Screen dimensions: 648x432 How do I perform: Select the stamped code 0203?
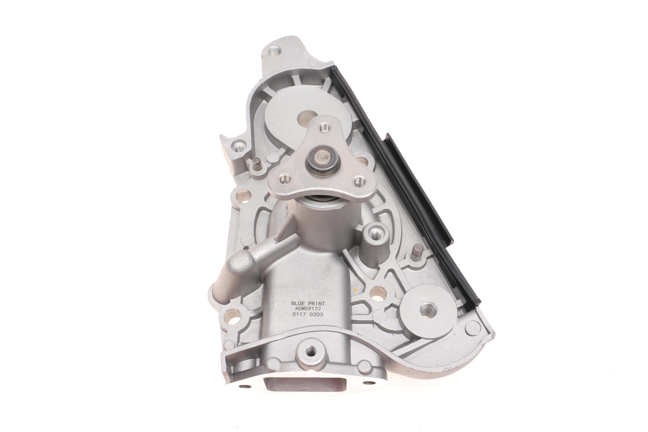point(316,314)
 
